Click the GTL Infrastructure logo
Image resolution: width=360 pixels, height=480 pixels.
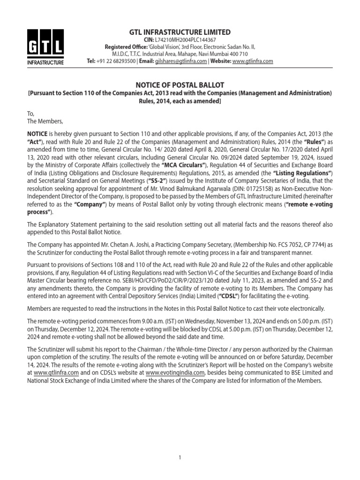click(45, 47)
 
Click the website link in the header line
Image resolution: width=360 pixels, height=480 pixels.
click(253, 61)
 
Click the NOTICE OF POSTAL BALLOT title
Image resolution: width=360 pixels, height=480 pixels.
click(180, 85)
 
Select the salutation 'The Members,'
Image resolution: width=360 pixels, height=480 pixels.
click(42, 121)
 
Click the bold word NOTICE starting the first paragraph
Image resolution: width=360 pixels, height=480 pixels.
click(37, 134)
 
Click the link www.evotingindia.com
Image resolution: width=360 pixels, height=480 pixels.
click(175, 373)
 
